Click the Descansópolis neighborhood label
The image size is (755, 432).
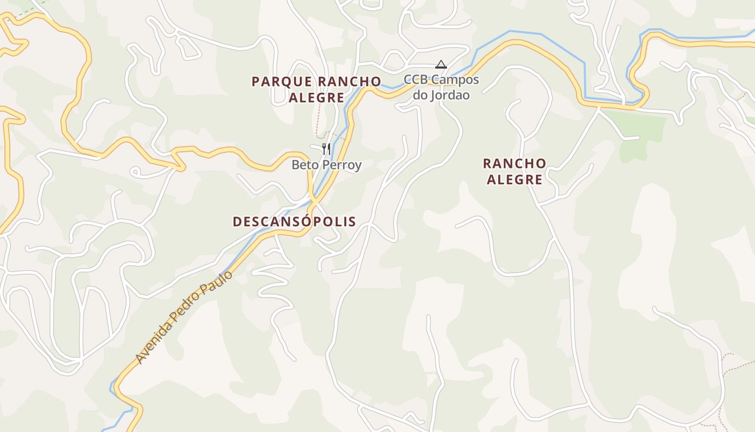(x=294, y=221)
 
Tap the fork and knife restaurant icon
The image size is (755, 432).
(x=326, y=148)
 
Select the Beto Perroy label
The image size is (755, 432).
(x=326, y=165)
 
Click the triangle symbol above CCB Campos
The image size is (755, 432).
(x=441, y=65)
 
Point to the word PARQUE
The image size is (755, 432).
(x=282, y=82)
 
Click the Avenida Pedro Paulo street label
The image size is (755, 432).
(x=184, y=317)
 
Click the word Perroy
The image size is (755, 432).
(x=343, y=165)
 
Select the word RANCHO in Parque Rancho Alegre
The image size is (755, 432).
(x=349, y=82)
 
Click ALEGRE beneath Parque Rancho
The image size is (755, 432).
(x=317, y=98)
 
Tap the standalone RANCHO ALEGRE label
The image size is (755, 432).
(x=514, y=171)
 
